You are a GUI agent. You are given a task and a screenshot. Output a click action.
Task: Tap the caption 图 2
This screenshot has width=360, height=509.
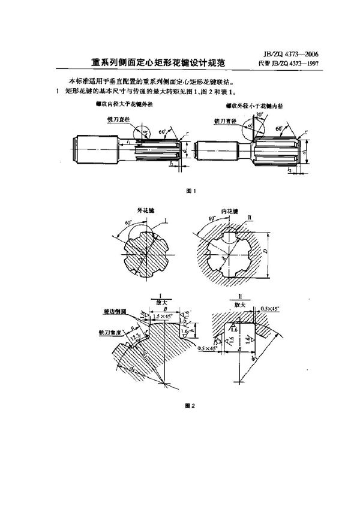(191, 405)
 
